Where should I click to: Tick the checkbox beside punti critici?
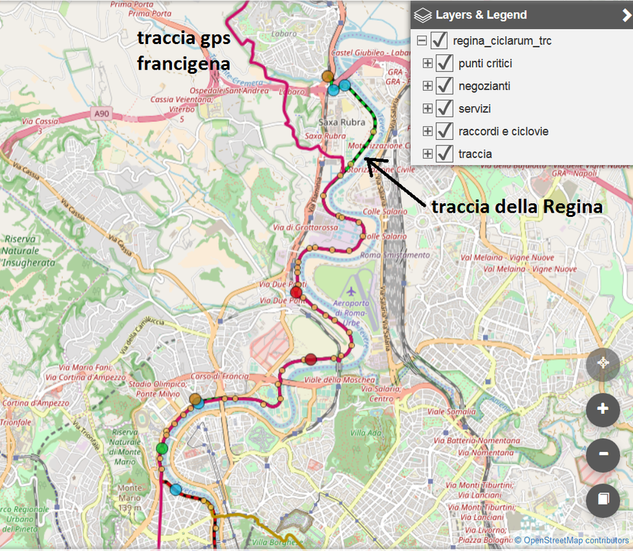(x=445, y=63)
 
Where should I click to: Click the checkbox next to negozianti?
(x=445, y=86)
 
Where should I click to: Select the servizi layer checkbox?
(x=445, y=109)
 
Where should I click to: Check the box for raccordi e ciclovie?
(x=445, y=131)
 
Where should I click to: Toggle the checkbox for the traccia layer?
(x=445, y=154)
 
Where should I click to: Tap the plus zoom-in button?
(x=603, y=409)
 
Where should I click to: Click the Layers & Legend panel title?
(x=481, y=14)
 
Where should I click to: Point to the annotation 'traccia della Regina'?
(x=517, y=206)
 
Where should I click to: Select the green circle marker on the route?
(x=162, y=448)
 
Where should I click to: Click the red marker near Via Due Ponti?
(x=296, y=292)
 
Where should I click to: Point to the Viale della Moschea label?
(x=340, y=380)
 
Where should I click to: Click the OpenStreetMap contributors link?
(x=576, y=541)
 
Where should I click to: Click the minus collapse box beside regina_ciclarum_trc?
(x=422, y=41)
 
